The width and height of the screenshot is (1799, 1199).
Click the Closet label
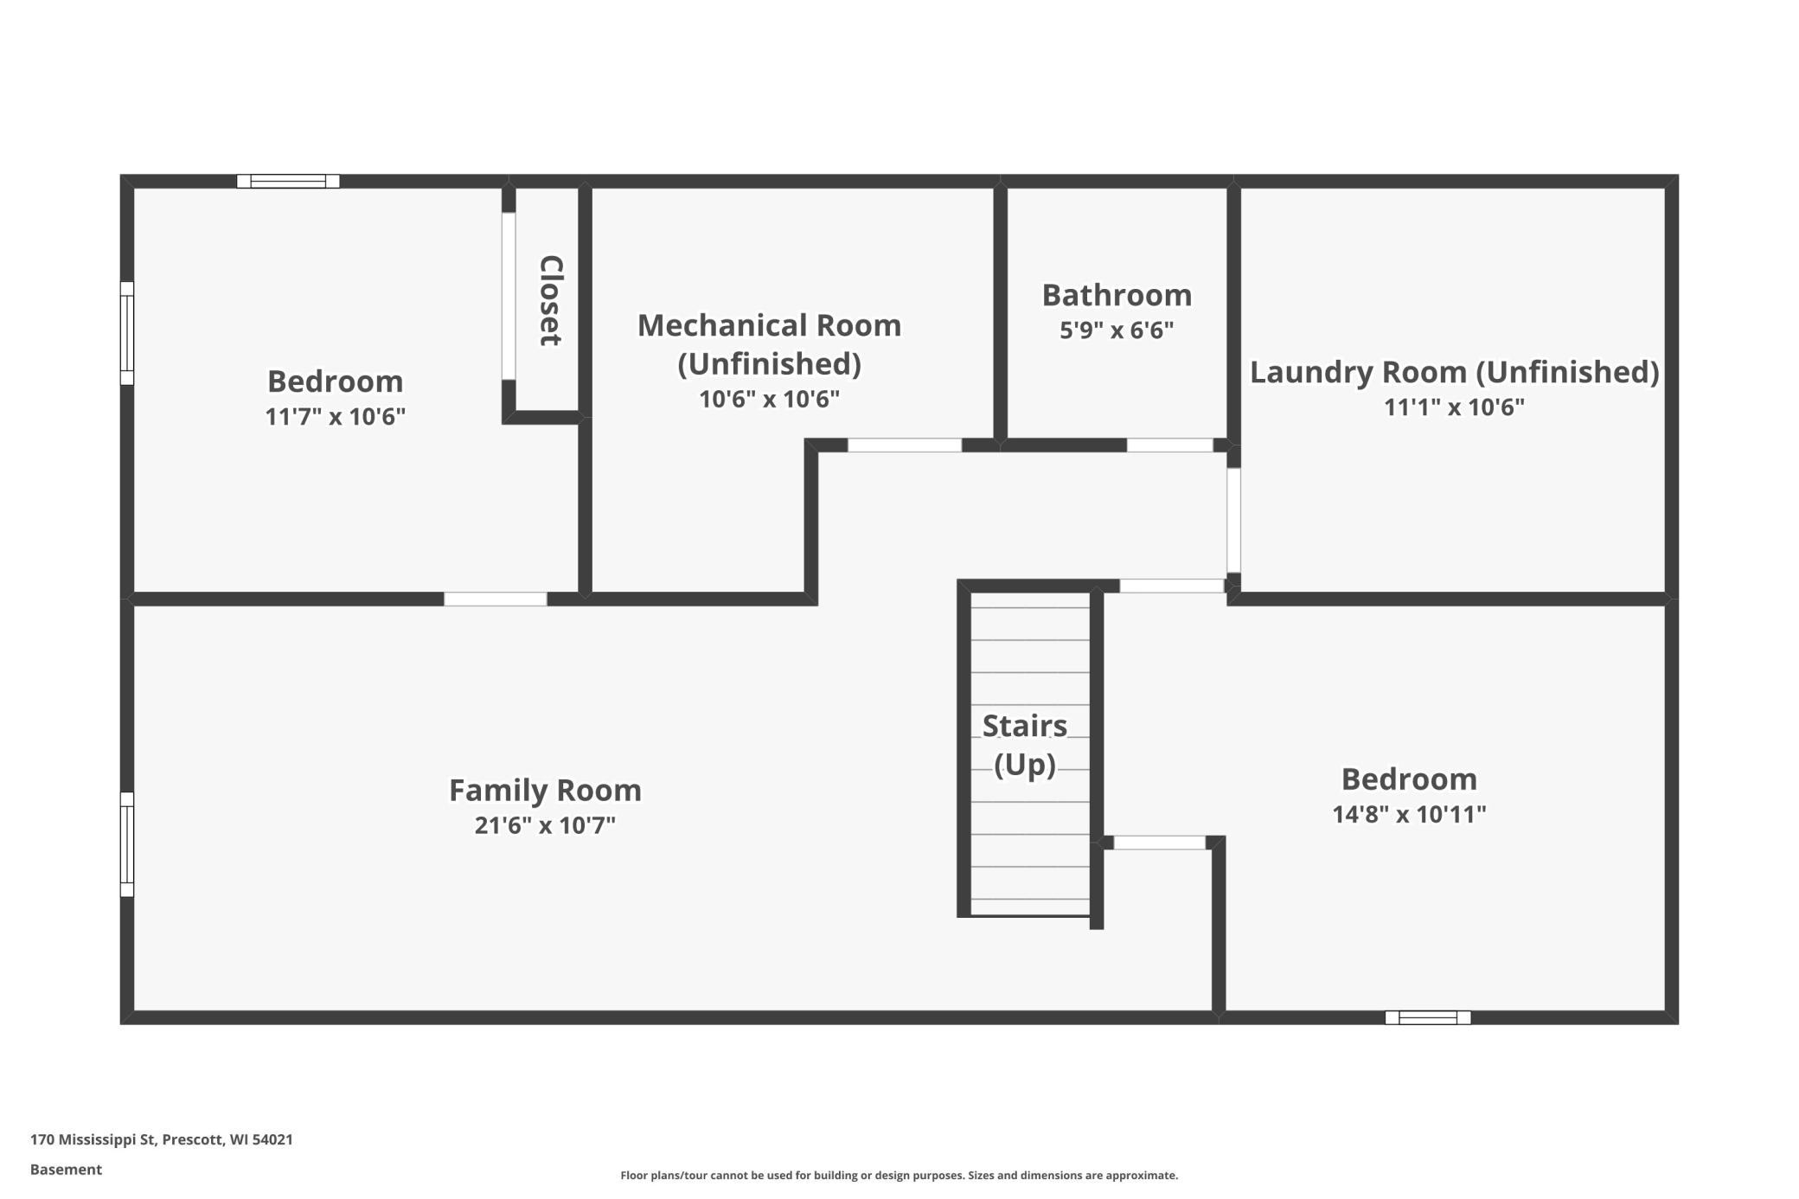551,300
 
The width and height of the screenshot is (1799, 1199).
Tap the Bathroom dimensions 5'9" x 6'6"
1117,330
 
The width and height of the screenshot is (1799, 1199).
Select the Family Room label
545,790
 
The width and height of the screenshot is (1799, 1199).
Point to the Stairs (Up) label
1025,745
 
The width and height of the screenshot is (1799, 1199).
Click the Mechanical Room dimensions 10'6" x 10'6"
769,399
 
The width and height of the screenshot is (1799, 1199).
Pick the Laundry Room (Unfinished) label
1455,372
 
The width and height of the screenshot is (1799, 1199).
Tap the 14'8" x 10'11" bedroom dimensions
1409,814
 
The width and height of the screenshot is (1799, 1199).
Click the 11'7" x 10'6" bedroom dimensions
335,417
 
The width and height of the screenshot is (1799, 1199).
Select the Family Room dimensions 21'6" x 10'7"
545,825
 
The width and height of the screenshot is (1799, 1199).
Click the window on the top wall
288,181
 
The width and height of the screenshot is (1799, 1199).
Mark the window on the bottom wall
1428,1017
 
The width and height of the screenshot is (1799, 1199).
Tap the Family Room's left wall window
127,844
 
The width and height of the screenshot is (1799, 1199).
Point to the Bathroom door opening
1169,446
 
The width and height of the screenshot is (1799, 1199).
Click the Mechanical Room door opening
905,446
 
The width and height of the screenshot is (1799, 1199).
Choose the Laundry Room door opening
1234,521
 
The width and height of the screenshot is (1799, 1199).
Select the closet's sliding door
509,296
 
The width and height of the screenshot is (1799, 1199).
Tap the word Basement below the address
66,1170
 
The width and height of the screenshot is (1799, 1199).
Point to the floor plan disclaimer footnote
899,1175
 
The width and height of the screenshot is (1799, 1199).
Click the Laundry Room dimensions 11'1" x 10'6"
1455,407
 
